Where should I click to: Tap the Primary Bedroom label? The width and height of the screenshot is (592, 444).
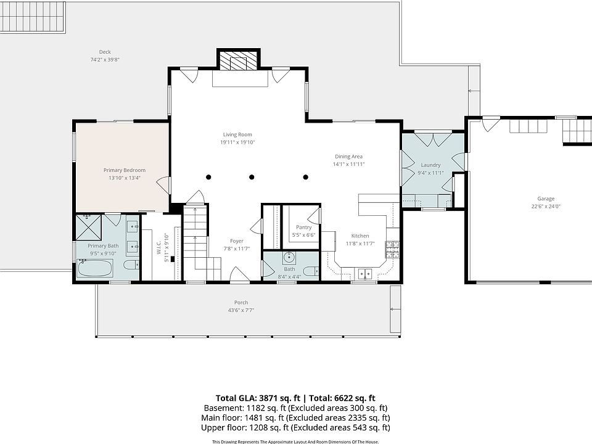(x=125, y=170)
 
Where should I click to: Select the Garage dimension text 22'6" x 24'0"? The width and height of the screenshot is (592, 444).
(x=546, y=207)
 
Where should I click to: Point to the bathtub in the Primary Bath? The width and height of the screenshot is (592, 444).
(x=95, y=268)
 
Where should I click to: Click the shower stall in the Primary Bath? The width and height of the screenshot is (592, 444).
(x=89, y=227)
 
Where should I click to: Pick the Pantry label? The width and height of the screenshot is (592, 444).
(x=304, y=228)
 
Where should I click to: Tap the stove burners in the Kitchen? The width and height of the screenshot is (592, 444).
(x=392, y=249)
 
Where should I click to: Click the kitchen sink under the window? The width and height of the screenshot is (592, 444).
(x=364, y=273)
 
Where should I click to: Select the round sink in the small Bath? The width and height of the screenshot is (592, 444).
(x=289, y=258)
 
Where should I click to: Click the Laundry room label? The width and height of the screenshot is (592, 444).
(x=431, y=165)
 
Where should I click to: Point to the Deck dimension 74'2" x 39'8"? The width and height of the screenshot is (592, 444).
(x=105, y=60)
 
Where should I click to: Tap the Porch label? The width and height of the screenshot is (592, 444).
(x=241, y=302)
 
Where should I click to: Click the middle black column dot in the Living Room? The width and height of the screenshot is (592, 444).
(x=252, y=177)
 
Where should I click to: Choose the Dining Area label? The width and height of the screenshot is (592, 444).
(x=348, y=156)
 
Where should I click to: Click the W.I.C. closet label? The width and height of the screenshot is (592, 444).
(x=159, y=247)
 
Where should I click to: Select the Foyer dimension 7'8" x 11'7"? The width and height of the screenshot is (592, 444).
(x=237, y=249)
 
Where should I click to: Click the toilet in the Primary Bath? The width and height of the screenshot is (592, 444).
(x=131, y=265)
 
